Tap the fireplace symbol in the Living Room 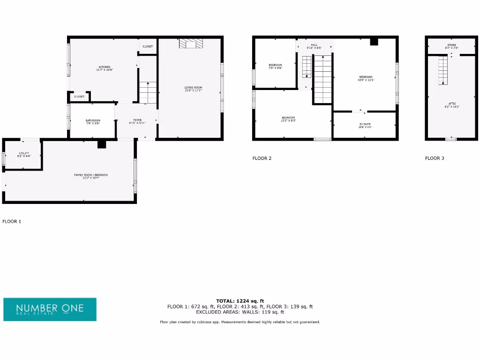pos(191,44)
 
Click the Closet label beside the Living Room pos(148,46)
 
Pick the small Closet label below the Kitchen pos(79,97)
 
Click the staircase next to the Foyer pos(148,92)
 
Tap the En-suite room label pos(365,125)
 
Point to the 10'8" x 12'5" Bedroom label pos(366,78)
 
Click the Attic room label pos(452,105)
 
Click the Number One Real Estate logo pos(50,309)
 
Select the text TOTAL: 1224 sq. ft pos(240,301)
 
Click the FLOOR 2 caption pos(262,158)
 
